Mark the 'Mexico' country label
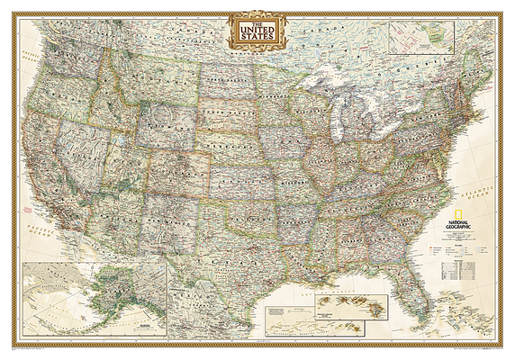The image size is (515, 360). coord(194,310)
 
